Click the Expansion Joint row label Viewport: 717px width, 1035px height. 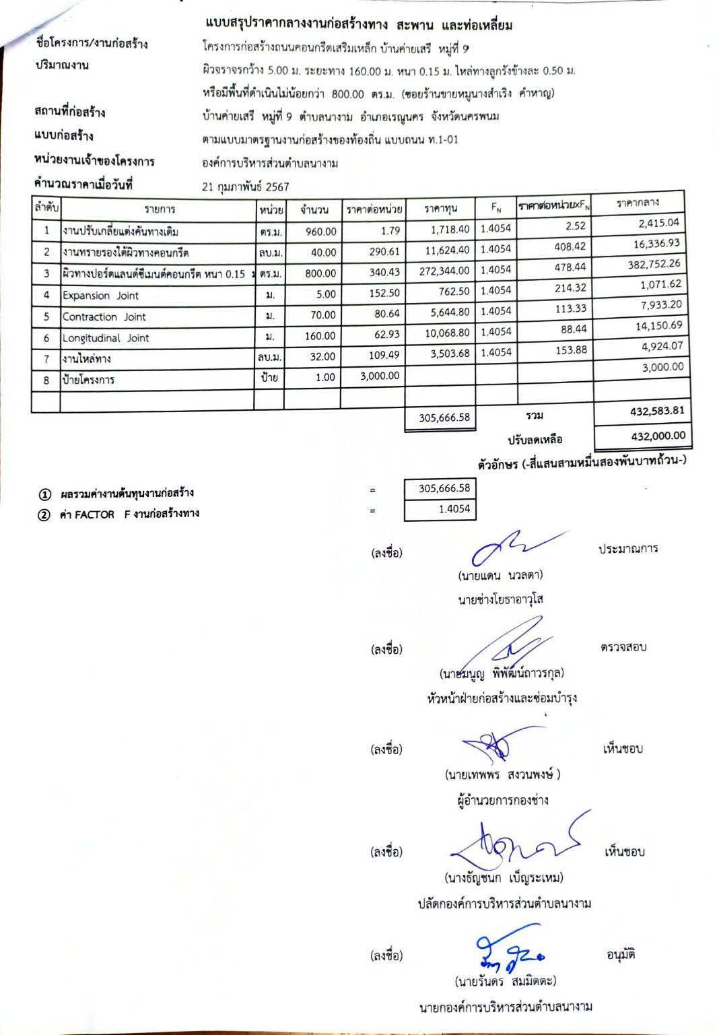coord(100,296)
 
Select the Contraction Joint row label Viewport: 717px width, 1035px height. coord(104,316)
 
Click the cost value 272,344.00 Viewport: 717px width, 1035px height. coord(444,271)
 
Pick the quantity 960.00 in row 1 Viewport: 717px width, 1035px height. coord(320,232)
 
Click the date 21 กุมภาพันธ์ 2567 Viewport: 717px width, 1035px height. coord(245,187)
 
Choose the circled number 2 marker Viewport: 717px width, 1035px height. coord(44,515)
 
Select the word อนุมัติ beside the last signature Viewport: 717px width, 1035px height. coord(620,954)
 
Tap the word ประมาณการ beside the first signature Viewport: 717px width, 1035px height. coord(628,549)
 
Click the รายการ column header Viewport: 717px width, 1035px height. coord(159,209)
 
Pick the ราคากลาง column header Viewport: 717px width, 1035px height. coord(638,202)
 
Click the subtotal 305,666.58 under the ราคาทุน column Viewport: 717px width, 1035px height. coord(444,418)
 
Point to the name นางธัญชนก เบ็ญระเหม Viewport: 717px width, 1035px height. coord(504,877)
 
